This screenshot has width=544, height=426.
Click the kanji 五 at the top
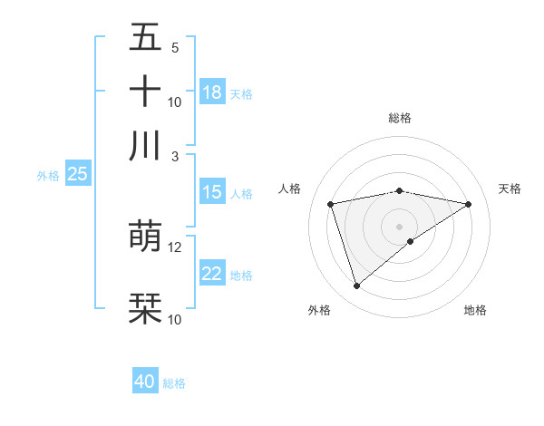(145, 38)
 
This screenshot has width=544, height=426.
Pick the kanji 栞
(145, 308)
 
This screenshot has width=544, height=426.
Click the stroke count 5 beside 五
(175, 48)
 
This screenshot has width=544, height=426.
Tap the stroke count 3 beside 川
(175, 156)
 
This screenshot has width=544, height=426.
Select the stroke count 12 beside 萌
(175, 247)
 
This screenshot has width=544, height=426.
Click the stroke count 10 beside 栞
(175, 319)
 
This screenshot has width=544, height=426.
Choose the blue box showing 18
(212, 92)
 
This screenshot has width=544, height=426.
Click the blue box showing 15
(212, 192)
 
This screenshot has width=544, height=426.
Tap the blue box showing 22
(212, 274)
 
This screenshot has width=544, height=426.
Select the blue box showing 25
(77, 174)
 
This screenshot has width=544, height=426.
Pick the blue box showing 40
(145, 382)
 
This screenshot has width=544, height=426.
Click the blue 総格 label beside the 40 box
(175, 383)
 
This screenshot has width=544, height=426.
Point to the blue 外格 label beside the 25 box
(48, 176)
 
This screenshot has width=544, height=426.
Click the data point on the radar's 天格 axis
(469, 204)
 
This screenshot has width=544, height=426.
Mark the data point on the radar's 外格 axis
(356, 286)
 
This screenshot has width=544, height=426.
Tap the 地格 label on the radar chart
(475, 310)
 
